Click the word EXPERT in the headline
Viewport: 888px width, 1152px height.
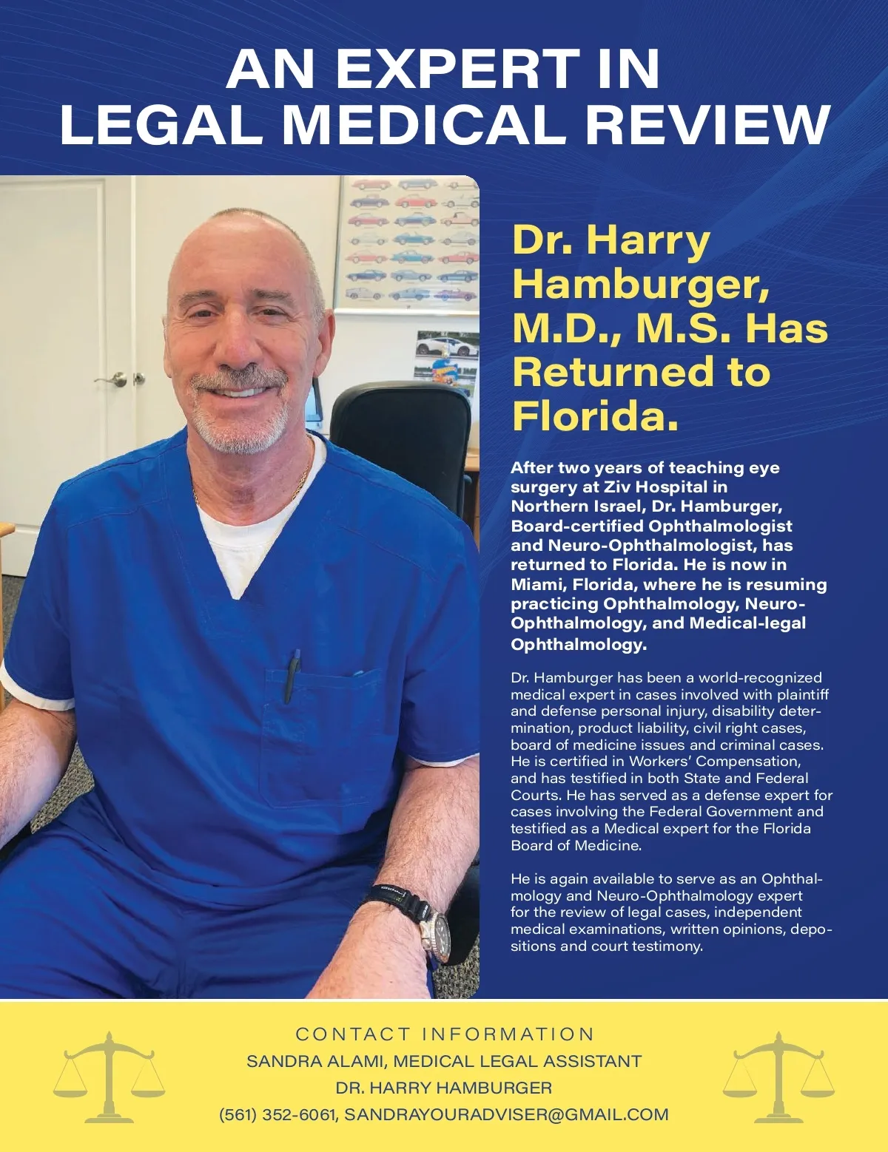click(x=457, y=69)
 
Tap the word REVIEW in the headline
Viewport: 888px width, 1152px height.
click(x=709, y=124)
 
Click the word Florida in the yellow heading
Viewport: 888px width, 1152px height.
click(x=594, y=416)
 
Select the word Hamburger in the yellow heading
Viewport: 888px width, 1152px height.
click(x=640, y=284)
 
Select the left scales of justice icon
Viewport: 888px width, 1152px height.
click(x=109, y=1077)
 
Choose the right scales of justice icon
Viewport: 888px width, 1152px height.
click(x=778, y=1077)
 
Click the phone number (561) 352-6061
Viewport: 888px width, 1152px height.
click(x=277, y=1115)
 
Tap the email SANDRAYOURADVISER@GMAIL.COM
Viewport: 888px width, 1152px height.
click(x=506, y=1115)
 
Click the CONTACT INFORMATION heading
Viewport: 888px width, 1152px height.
click(x=444, y=1034)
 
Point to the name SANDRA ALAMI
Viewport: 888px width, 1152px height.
click(x=315, y=1061)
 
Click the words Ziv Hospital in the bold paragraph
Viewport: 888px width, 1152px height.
click(x=656, y=487)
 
